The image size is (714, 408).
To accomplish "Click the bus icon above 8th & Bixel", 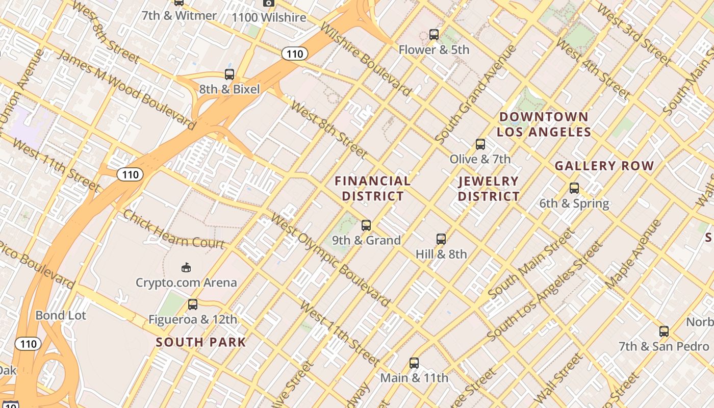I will pyautogui.click(x=229, y=74).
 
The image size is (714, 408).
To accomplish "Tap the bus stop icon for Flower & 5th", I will pyautogui.click(x=434, y=35).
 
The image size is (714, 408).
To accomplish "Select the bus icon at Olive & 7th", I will pyautogui.click(x=480, y=144).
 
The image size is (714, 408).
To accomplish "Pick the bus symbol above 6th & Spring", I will pyautogui.click(x=574, y=188).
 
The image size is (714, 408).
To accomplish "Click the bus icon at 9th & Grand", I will pyautogui.click(x=366, y=225).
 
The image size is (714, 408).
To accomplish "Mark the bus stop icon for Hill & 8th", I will pyautogui.click(x=441, y=239).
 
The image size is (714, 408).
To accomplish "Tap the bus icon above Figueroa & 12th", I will pyautogui.click(x=193, y=304).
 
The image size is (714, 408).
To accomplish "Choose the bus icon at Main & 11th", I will pyautogui.click(x=414, y=363).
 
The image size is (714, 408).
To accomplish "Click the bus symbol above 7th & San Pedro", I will pyautogui.click(x=664, y=331).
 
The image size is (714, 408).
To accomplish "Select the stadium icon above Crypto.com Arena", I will pyautogui.click(x=186, y=267).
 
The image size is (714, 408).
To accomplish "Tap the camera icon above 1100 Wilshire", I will pyautogui.click(x=269, y=3).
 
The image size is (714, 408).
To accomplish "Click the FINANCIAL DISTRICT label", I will pyautogui.click(x=373, y=188).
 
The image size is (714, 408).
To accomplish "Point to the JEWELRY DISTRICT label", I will pyautogui.click(x=489, y=188).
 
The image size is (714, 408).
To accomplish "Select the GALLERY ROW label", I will pyautogui.click(x=604, y=166).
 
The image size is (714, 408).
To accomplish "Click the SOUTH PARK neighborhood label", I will pyautogui.click(x=201, y=342).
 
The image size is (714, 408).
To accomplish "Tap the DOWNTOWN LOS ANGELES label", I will pyautogui.click(x=544, y=124).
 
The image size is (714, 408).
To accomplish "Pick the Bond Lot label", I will pyautogui.click(x=61, y=315).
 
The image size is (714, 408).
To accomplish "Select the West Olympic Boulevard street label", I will pyautogui.click(x=330, y=261).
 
